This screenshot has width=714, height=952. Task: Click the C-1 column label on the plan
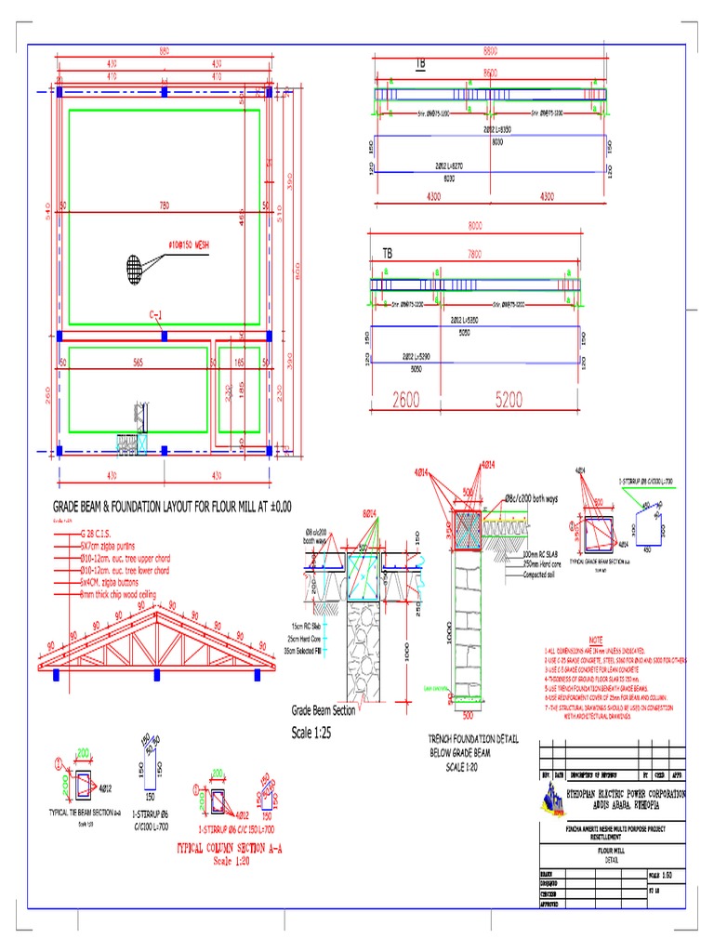pyautogui.click(x=156, y=315)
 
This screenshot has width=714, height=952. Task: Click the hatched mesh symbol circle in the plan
pyautogui.click(x=135, y=268)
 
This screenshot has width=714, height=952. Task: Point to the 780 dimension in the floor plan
pyautogui.click(x=165, y=205)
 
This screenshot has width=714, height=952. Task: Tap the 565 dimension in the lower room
pyautogui.click(x=138, y=362)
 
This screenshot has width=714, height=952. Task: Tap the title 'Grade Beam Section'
pyautogui.click(x=324, y=711)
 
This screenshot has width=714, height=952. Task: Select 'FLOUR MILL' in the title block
pyautogui.click(x=613, y=850)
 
